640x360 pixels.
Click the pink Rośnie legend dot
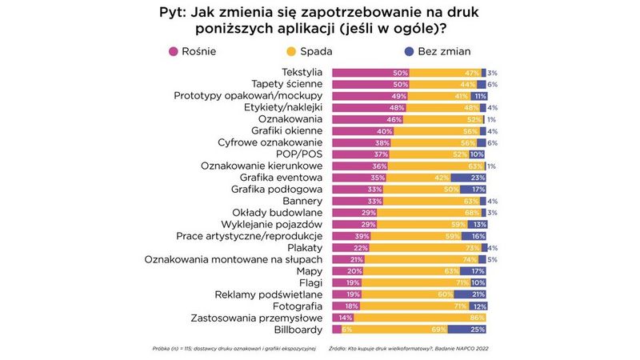pyautogui.click(x=173, y=52)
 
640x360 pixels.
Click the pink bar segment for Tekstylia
pyautogui.click(x=370, y=73)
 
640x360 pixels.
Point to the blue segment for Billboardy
pyautogui.click(x=467, y=329)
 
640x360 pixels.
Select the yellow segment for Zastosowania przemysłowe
pyautogui.click(x=420, y=318)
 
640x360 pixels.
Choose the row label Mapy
pyautogui.click(x=310, y=270)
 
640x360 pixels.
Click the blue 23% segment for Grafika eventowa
pyautogui.click(x=469, y=178)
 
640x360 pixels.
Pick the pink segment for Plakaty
pyautogui.click(x=348, y=247)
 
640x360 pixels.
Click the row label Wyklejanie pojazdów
pyautogui.click(x=272, y=224)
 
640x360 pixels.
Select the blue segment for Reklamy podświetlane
pyautogui.click(x=470, y=294)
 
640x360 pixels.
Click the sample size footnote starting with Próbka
pyautogui.click(x=234, y=349)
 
